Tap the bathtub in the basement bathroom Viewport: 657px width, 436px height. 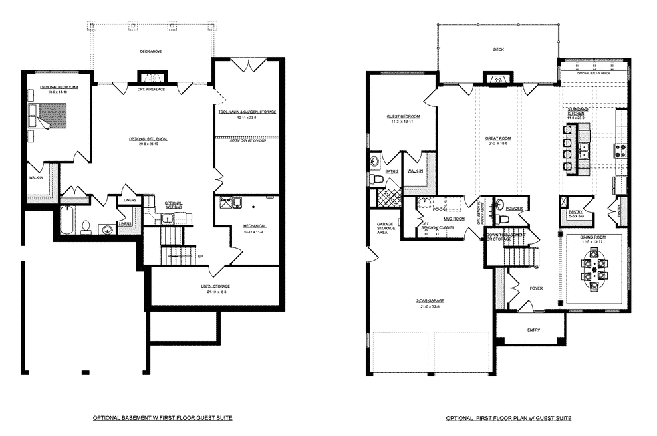[x=66, y=221]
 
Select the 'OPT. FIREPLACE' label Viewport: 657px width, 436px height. [x=151, y=89]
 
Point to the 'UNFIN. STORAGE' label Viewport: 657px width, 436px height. [x=214, y=287]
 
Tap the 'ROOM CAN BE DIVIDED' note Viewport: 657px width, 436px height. [x=247, y=141]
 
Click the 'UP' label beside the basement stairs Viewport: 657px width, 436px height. [x=200, y=256]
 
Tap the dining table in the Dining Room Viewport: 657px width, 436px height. [x=593, y=271]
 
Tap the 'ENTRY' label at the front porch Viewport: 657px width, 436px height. [x=533, y=330]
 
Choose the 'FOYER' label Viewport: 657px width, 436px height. [x=536, y=288]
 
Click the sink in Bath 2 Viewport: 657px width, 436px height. [x=375, y=162]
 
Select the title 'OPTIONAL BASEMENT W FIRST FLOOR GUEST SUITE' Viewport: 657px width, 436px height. [x=163, y=419]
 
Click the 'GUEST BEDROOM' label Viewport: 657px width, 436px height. [x=401, y=116]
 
